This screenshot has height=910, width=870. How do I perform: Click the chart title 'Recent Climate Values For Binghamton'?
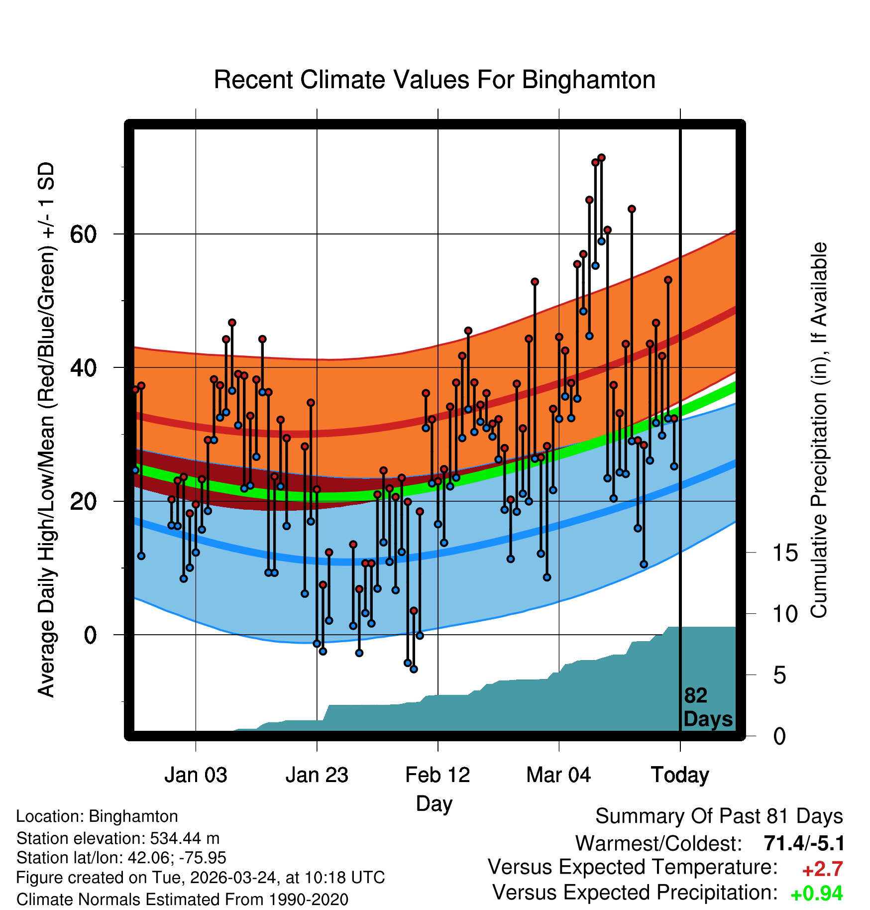coord(434,80)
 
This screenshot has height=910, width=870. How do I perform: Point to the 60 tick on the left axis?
coord(83,234)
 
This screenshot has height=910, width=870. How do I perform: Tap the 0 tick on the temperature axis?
coord(90,635)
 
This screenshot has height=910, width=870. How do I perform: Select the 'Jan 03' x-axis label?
coord(196,775)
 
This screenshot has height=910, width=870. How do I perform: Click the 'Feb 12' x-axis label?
coord(437,775)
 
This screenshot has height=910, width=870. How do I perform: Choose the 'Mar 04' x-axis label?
coord(558,775)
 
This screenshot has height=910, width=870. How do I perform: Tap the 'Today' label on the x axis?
coord(680,775)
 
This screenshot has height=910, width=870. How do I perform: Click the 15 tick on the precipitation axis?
coord(785,553)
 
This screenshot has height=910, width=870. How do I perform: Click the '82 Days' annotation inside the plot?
coord(707,707)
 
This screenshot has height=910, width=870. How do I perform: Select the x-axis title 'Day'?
coord(434,803)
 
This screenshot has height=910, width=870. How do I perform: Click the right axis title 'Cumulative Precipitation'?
coord(819,431)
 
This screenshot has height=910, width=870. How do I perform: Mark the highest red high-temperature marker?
coord(601,158)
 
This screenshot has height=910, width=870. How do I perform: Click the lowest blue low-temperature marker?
coord(414,669)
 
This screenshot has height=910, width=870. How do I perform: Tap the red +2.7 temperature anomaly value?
coord(822,869)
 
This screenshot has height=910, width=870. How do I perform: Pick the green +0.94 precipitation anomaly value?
coord(817,894)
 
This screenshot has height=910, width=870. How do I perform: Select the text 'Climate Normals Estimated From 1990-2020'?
coord(182,900)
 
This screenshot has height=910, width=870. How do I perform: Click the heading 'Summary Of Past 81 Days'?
coord(719,816)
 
